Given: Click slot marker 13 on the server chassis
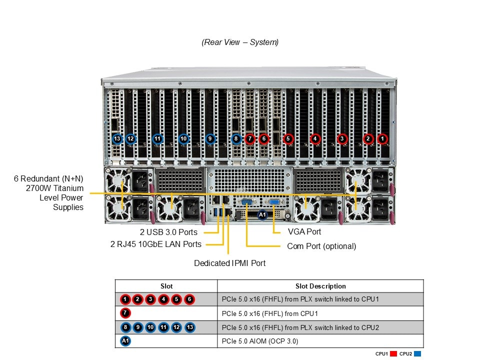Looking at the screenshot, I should [x=117, y=138].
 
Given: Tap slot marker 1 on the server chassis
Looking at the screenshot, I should [x=382, y=138].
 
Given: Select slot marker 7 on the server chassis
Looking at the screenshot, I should [x=250, y=138].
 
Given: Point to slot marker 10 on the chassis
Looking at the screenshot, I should [x=183, y=138].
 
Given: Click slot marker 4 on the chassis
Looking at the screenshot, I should [x=315, y=138].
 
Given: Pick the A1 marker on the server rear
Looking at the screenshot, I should [x=262, y=214].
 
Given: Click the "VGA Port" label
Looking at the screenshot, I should [x=304, y=232].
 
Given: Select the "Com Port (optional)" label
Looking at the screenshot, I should [x=321, y=246].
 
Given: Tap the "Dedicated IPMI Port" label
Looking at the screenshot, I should [x=229, y=263].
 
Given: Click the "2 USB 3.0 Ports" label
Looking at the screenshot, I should [x=168, y=232].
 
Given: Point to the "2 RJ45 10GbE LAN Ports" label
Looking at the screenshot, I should [x=155, y=244].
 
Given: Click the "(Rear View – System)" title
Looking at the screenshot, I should [x=240, y=42].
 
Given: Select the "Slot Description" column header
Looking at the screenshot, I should [x=320, y=286].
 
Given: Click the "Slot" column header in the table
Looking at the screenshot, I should [x=166, y=286].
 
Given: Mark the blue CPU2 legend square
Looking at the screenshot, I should [x=417, y=354].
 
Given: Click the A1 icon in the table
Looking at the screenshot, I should [x=125, y=341].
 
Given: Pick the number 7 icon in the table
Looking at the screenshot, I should [x=125, y=313].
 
